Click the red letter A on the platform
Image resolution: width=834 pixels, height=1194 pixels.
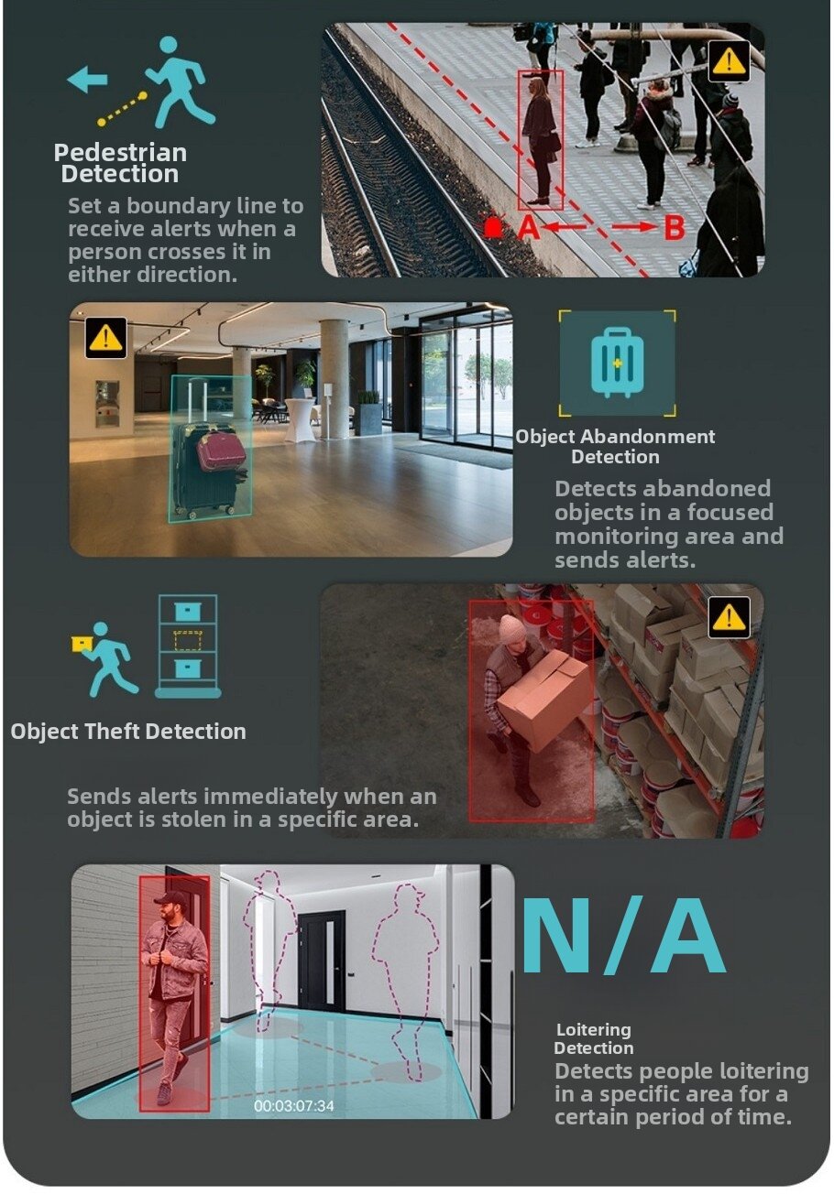tap(528, 228)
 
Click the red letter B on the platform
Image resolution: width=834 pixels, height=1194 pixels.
tap(675, 228)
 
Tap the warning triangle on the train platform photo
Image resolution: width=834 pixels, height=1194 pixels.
tap(729, 60)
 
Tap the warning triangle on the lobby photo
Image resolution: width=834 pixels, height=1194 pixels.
tap(106, 337)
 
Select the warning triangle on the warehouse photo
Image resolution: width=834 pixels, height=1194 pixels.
tap(729, 617)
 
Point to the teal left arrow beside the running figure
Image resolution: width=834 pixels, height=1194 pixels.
tap(87, 80)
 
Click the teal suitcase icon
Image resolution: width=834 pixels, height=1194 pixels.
tap(618, 363)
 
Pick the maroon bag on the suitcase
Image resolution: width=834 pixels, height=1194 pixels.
tap(220, 450)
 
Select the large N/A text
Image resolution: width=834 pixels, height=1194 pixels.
tap(623, 935)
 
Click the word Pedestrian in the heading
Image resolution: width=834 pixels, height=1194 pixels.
tap(121, 153)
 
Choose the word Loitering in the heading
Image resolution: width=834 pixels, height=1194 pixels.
tap(593, 1029)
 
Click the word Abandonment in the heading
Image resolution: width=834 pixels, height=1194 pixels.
tap(647, 437)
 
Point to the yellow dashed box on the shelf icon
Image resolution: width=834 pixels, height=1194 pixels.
tap(188, 640)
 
